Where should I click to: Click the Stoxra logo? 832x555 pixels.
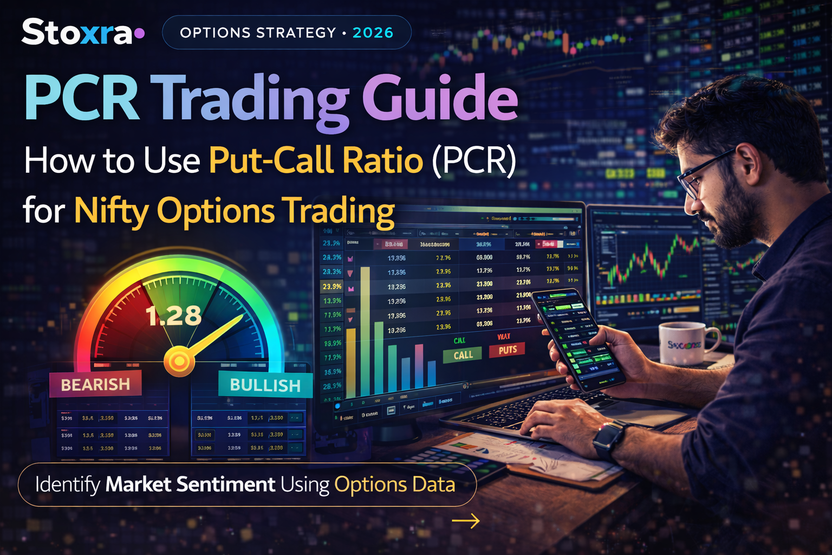(77, 32)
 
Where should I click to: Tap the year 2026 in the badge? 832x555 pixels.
(373, 33)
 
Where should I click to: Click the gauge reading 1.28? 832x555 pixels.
(173, 316)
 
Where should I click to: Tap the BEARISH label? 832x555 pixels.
(95, 384)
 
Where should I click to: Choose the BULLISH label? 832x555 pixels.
(265, 385)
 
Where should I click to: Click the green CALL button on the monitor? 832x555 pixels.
(463, 355)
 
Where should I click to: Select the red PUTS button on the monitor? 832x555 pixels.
(508, 350)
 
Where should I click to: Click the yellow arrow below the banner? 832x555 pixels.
(466, 521)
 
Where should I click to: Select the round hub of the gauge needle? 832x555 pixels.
(179, 360)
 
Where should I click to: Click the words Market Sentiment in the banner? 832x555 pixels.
(190, 485)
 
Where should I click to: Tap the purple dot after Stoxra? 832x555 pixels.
(139, 33)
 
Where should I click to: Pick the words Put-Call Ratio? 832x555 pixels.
(316, 160)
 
